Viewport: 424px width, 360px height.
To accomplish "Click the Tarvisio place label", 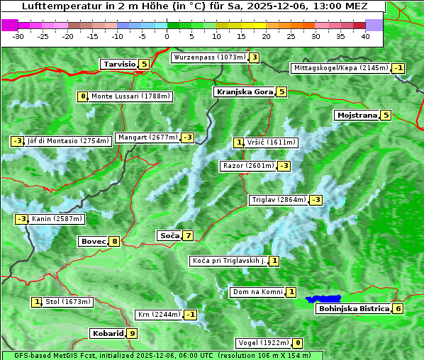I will tap(118, 64).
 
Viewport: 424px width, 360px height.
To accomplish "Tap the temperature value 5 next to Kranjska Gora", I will tap(281, 91).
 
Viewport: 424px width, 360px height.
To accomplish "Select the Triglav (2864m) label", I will tap(279, 200).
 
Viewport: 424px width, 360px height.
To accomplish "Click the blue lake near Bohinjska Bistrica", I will tap(323, 299).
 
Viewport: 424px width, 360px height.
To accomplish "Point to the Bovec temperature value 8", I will tap(114, 241).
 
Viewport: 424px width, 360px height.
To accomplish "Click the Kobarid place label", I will tap(107, 333).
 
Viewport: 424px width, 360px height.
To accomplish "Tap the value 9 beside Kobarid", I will tap(132, 333).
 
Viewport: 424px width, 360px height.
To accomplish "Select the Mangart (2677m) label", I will tap(147, 137).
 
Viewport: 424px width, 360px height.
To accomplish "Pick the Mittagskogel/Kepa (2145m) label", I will tap(341, 68).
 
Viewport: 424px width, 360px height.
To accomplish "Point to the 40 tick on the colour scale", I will tap(365, 36).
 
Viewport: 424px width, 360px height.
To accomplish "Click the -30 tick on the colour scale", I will tap(18, 36).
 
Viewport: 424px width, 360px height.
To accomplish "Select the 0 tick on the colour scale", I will tap(167, 36).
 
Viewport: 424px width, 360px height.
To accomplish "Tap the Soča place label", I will tap(169, 235).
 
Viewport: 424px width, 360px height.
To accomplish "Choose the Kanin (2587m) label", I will tap(57, 219).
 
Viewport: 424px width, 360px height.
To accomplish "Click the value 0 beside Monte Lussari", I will tap(83, 96).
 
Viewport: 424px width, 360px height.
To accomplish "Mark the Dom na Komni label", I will tap(257, 292).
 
